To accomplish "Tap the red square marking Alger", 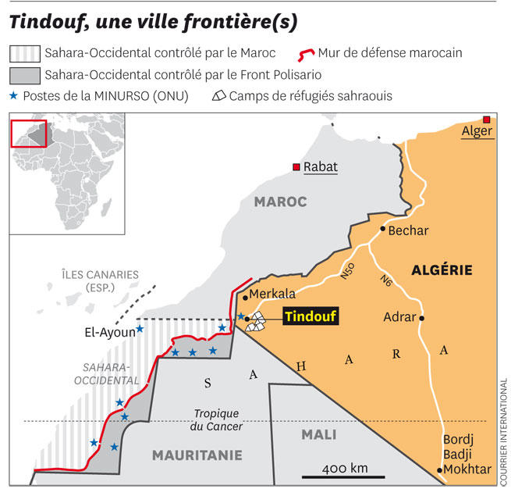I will point(487,120).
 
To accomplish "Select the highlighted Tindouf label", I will point(310,318).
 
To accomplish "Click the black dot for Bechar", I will point(383,230).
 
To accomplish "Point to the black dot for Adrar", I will point(421,318).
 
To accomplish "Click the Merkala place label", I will point(273,294).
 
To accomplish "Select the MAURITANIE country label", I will point(197,455).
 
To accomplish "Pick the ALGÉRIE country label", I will point(442,270).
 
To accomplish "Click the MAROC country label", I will point(280,202).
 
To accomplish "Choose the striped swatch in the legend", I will point(23,54).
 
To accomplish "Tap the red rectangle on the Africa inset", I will point(28,133).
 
